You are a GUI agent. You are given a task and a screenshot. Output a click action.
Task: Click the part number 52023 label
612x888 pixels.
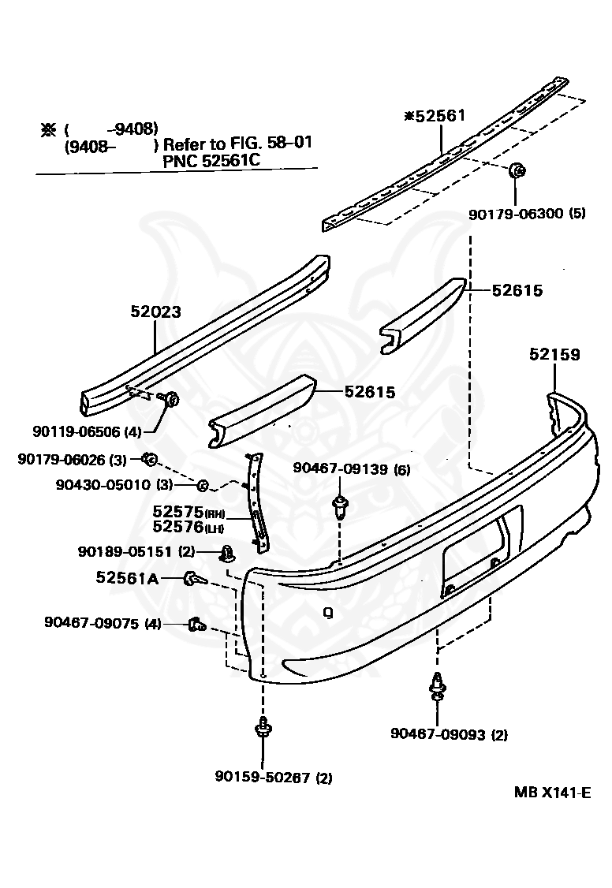[155, 312]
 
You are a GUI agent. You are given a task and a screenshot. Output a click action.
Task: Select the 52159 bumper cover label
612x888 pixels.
[554, 355]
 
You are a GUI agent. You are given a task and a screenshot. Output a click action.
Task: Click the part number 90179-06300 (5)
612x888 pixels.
[526, 213]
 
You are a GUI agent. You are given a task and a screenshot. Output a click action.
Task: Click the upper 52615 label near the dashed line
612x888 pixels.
[517, 291]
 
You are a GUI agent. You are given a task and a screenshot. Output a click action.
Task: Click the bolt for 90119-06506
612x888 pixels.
[170, 399]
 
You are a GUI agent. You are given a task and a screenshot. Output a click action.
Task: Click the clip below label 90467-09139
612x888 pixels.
[340, 506]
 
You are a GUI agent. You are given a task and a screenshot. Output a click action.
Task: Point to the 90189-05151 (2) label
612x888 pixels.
[136, 550]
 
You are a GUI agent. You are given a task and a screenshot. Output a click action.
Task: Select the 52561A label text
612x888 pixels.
[127, 578]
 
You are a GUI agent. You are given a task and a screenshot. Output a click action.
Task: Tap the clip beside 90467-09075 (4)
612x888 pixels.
[196, 625]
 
